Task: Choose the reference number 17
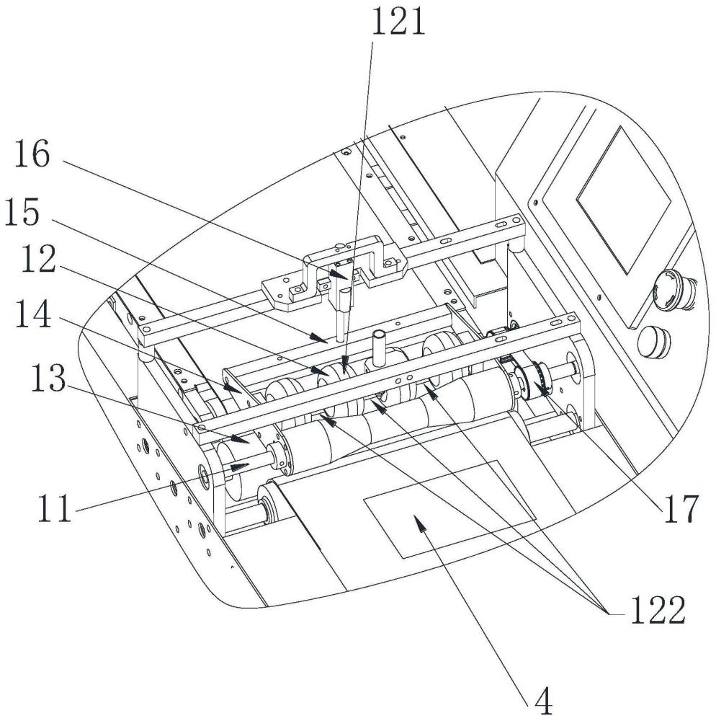coord(681,509)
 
